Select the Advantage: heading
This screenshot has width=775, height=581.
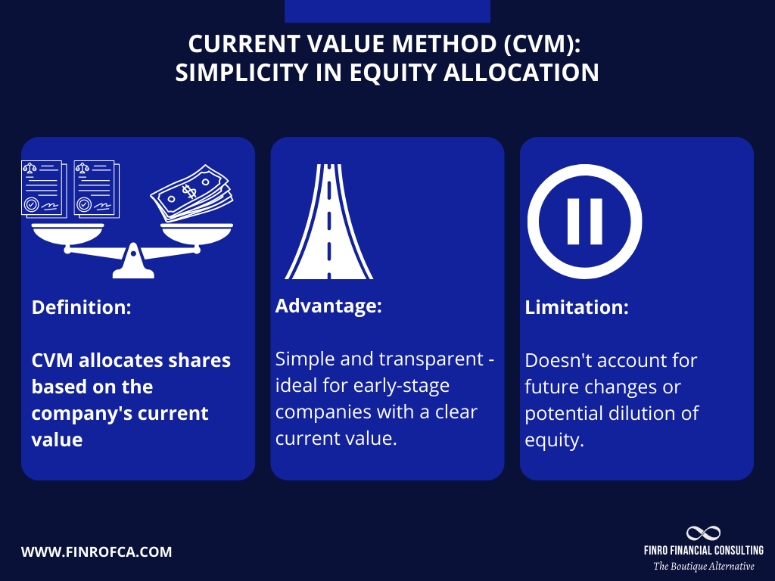328,306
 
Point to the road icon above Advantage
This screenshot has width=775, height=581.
328,222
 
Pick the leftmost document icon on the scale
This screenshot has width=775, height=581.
42,189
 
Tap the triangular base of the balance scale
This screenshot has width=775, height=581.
133,261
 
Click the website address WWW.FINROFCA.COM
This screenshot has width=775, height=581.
96,552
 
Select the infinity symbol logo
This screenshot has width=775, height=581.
703,533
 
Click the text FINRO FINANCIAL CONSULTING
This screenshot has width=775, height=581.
703,550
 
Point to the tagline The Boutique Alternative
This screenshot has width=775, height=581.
703,566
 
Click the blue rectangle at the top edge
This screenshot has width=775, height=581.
387,11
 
